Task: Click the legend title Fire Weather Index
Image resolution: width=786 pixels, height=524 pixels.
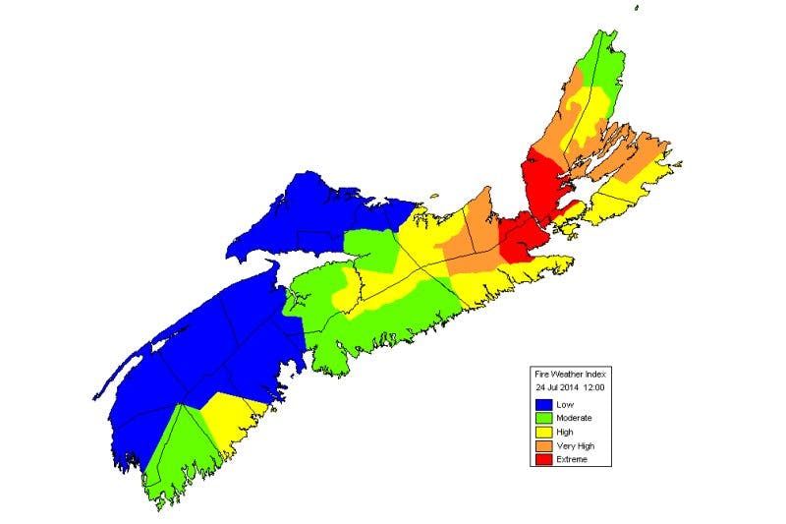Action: pos(570,375)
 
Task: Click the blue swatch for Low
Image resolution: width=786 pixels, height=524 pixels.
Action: pos(543,404)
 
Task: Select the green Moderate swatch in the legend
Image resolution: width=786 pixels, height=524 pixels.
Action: pos(543,418)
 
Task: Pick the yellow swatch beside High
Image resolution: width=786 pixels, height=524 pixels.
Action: pos(543,432)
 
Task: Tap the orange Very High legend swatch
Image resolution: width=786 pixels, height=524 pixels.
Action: pos(543,445)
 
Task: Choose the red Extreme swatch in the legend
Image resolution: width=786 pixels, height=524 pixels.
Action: pos(543,459)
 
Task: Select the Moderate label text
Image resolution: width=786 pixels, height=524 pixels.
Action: pos(573,418)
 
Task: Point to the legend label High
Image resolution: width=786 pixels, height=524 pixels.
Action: pos(564,432)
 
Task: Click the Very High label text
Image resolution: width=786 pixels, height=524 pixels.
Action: pos(575,445)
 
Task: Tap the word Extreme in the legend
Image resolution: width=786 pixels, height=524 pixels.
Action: pos(571,459)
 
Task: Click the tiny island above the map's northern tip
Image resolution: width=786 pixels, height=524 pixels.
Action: pos(637,9)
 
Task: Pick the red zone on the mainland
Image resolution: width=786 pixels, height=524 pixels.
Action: pos(521,236)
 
